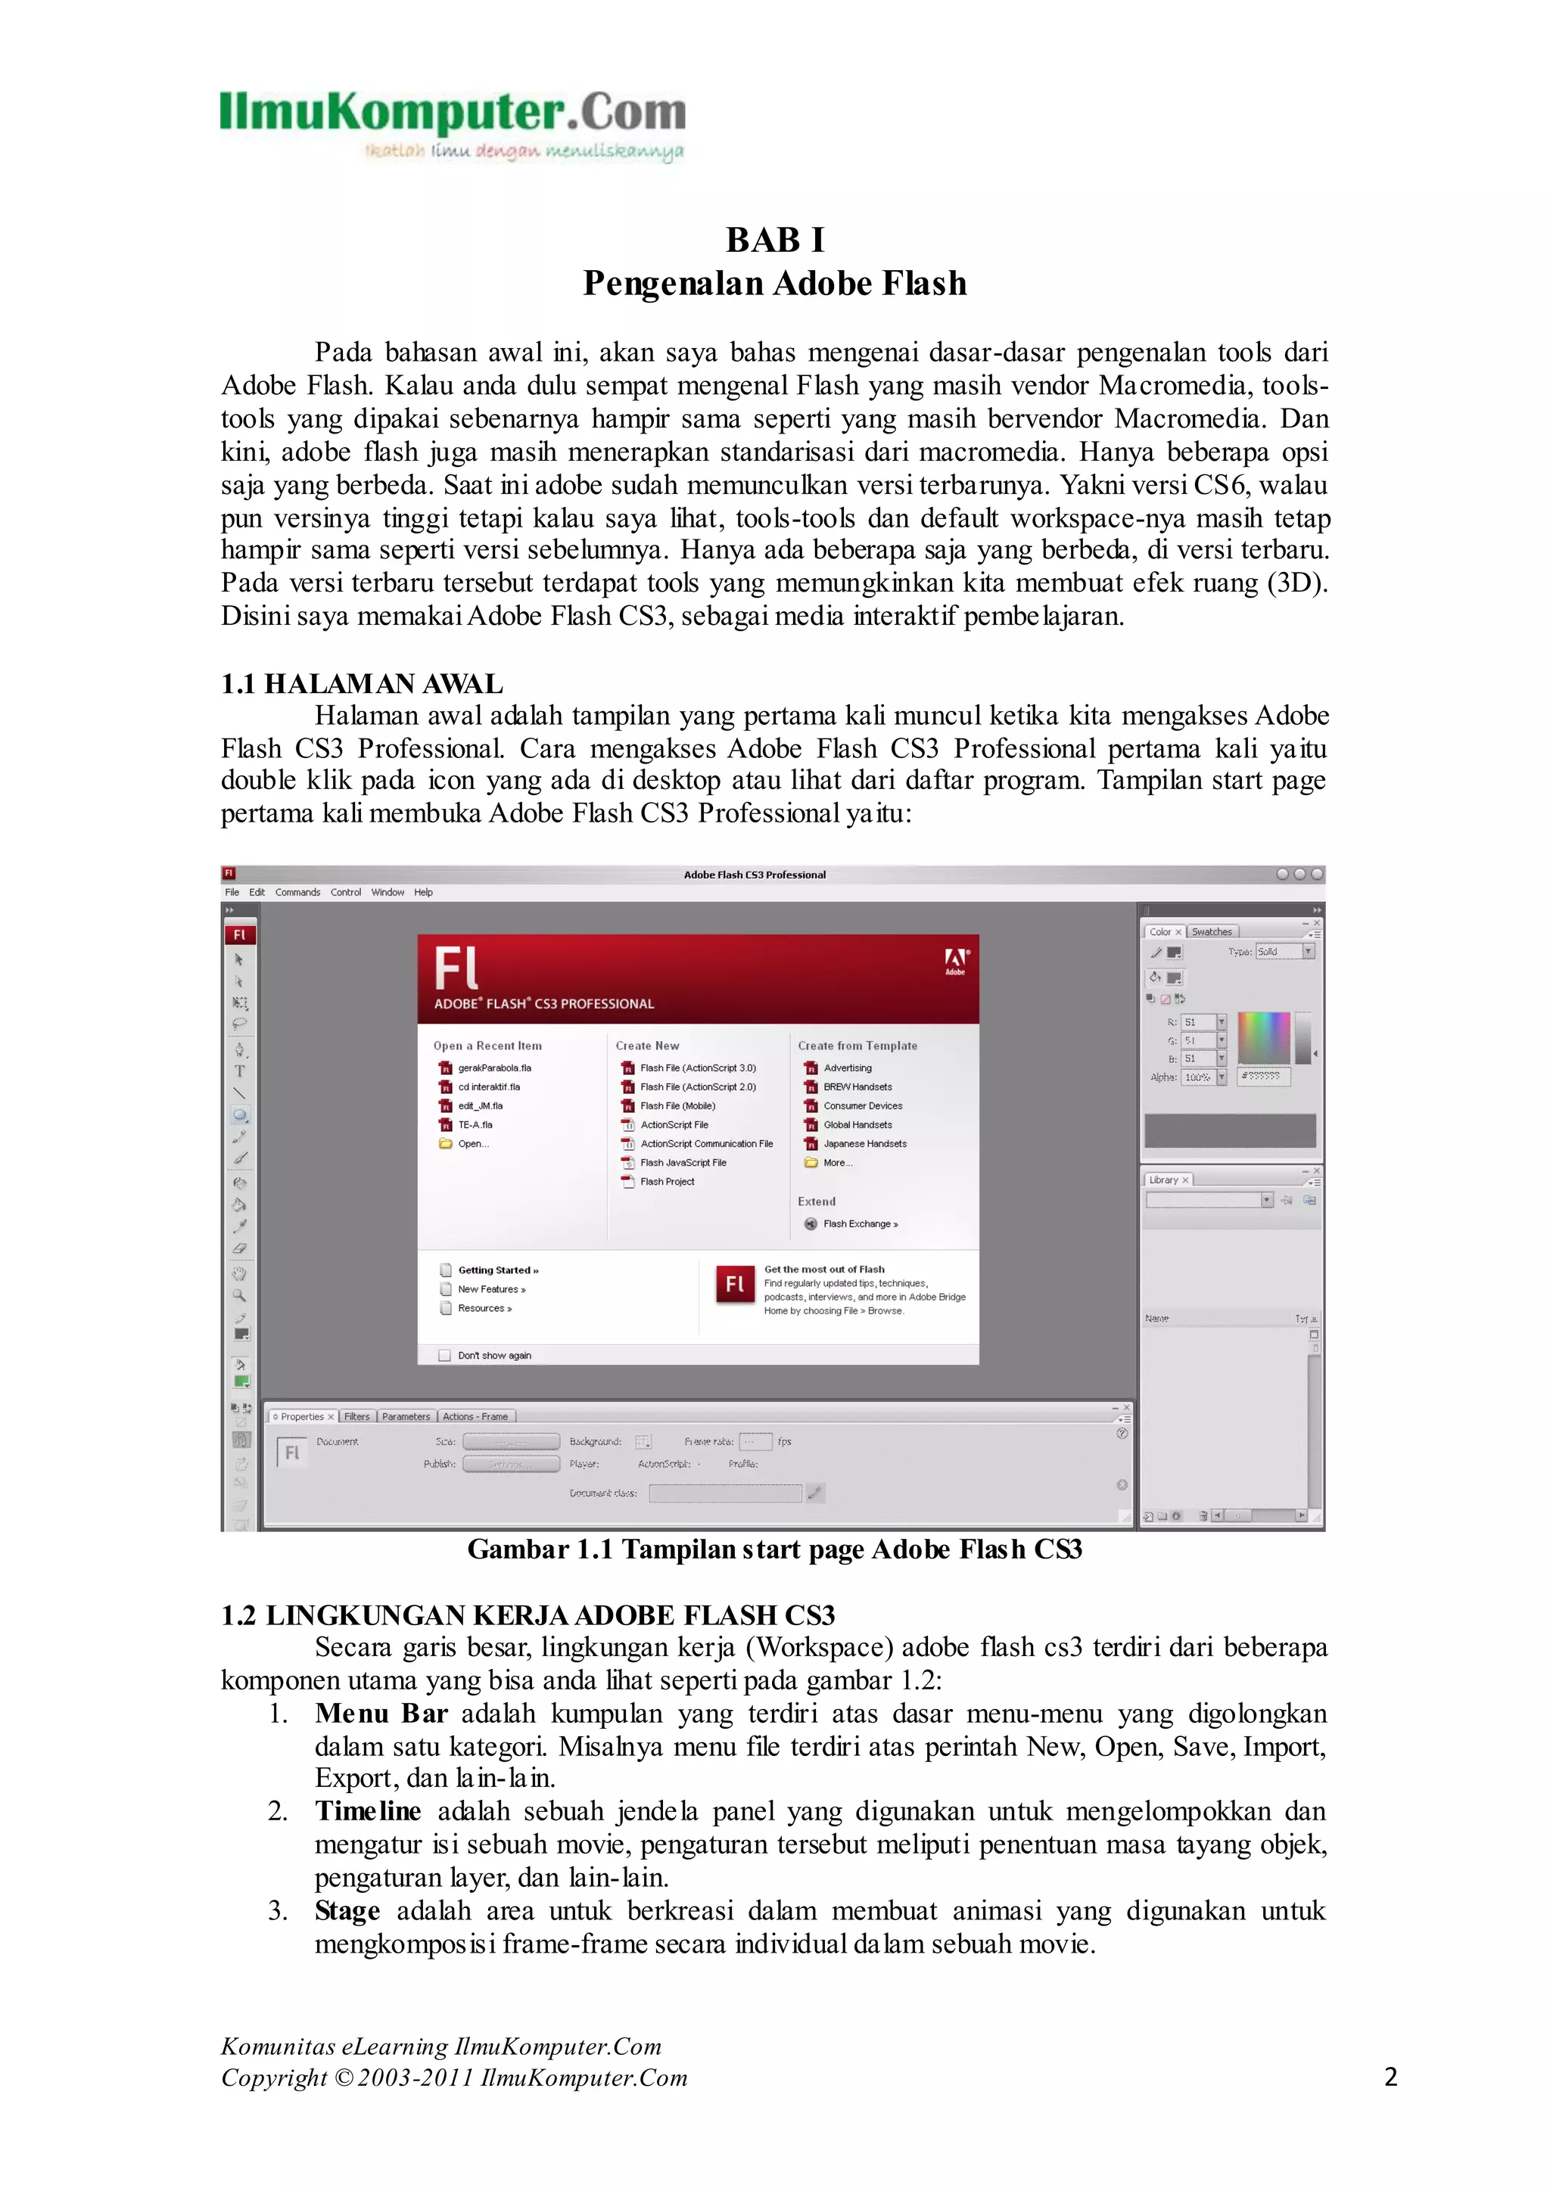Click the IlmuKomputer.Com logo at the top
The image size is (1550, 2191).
click(453, 124)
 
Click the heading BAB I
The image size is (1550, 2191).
click(774, 240)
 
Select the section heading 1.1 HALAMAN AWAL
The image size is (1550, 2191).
click(362, 683)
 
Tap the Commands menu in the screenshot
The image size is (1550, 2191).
click(297, 892)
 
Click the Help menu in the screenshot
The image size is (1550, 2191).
click(423, 892)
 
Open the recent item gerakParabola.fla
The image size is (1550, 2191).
click(494, 1068)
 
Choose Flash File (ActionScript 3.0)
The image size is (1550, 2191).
click(698, 1068)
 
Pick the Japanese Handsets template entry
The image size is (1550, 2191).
click(865, 1143)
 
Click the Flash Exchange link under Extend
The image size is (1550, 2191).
click(860, 1223)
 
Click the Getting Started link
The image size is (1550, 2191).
click(498, 1270)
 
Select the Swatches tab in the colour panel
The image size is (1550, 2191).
click(1211, 931)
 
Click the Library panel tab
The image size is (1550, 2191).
click(1163, 1179)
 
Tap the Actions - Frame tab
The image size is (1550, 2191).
click(475, 1416)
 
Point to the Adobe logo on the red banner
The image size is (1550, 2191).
click(955, 960)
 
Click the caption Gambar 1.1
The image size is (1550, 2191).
click(774, 1549)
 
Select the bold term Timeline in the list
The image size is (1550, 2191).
click(368, 1811)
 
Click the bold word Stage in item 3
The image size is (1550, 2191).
click(347, 1910)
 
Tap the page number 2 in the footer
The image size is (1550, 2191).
click(1390, 2078)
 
